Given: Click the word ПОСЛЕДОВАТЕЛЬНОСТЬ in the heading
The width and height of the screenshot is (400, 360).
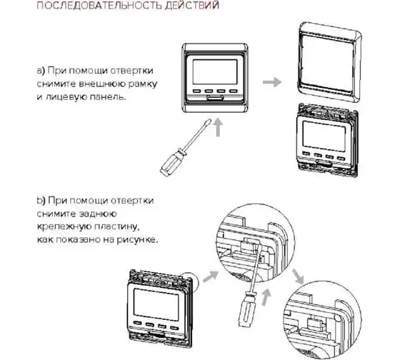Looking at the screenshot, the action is point(99,6).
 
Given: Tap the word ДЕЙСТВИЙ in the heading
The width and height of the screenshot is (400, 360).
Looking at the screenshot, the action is point(192,6).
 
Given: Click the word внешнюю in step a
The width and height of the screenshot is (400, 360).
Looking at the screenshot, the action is point(102,84).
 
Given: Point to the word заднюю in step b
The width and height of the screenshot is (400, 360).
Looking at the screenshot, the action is point(98,214).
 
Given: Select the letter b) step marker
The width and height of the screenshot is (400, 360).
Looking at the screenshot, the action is point(41,201).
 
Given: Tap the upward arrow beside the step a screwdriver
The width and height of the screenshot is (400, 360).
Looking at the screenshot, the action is point(218,127).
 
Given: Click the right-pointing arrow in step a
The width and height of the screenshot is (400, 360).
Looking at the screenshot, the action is point(272,82).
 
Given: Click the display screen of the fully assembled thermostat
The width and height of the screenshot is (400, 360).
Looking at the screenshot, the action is point(215,72).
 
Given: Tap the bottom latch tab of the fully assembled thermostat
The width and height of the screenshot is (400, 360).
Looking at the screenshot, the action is point(216,97).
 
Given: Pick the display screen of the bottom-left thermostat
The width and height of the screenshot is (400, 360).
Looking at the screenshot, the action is point(156,304).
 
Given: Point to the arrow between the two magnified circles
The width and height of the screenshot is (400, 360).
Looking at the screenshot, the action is point(298,276).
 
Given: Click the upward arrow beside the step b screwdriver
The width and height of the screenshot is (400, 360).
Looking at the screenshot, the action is point(266,296).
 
